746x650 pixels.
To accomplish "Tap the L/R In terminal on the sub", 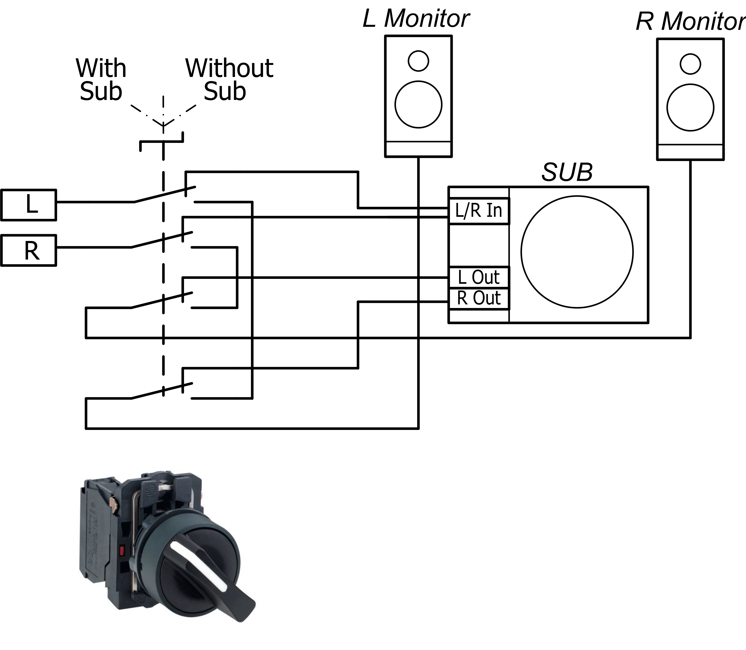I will pyautogui.click(x=479, y=211).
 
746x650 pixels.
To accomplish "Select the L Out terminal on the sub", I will pyautogui.click(x=479, y=278).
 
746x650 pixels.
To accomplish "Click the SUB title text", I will pyautogui.click(x=567, y=172).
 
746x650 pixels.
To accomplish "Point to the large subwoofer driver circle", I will pyautogui.click(x=577, y=252).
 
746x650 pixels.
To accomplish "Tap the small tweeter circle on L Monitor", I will pyautogui.click(x=418, y=61).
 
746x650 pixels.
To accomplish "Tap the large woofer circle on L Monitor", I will pyautogui.click(x=418, y=105).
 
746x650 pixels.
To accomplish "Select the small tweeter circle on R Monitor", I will pyautogui.click(x=690, y=64).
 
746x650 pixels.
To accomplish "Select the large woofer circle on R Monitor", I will pyautogui.click(x=690, y=107).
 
